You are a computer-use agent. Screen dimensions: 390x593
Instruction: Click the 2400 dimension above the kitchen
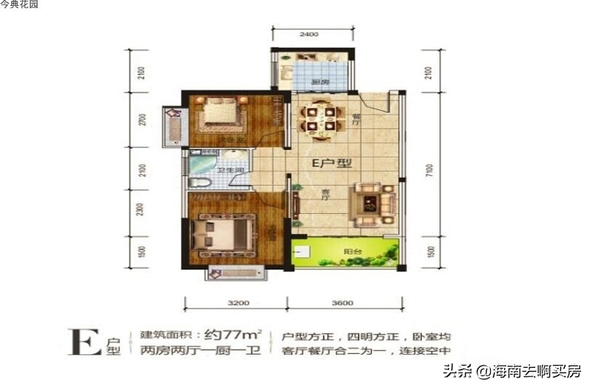[x=309, y=35]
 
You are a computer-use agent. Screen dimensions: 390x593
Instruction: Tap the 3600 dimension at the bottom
[x=345, y=303]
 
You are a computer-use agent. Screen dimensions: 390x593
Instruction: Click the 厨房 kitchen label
[x=319, y=81]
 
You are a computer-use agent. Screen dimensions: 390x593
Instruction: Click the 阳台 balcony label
[x=348, y=250]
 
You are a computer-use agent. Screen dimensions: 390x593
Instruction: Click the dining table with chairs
[x=320, y=119]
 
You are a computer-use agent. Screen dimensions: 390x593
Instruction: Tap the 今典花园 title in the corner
[x=20, y=5]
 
